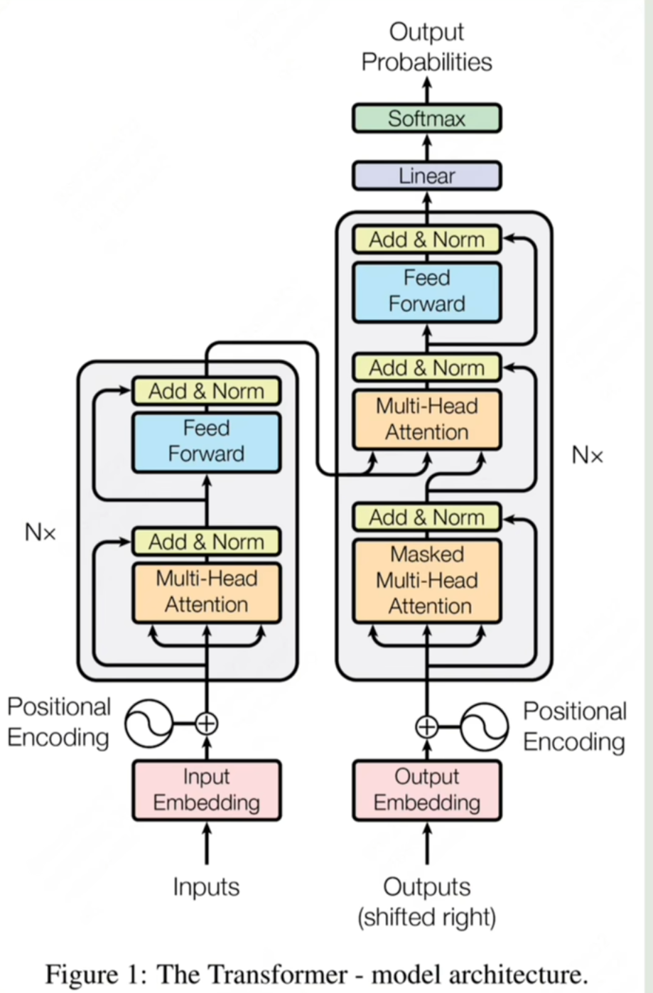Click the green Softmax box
tap(426, 118)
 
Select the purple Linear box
tap(426, 176)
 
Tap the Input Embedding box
tap(207, 790)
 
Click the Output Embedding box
tap(426, 790)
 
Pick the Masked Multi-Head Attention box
tap(426, 581)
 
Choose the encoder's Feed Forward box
tap(207, 442)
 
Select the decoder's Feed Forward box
tap(426, 292)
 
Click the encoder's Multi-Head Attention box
tap(207, 593)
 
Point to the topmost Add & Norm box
tap(426, 240)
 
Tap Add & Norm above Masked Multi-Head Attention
tap(426, 517)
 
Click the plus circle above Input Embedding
tap(207, 724)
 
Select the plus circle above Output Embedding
tap(426, 727)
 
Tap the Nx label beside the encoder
tap(41, 532)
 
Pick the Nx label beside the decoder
tap(588, 455)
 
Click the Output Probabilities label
tap(426, 47)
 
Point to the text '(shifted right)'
tap(426, 917)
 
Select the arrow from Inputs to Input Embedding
tap(207, 844)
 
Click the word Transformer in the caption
tap(277, 975)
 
